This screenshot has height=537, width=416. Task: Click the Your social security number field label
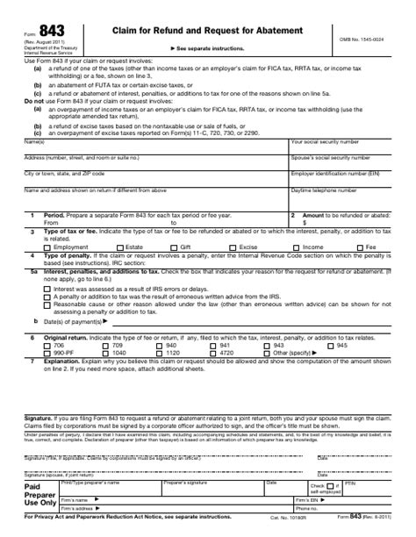[x=324, y=141]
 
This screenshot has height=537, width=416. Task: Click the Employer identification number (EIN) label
[x=329, y=174]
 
